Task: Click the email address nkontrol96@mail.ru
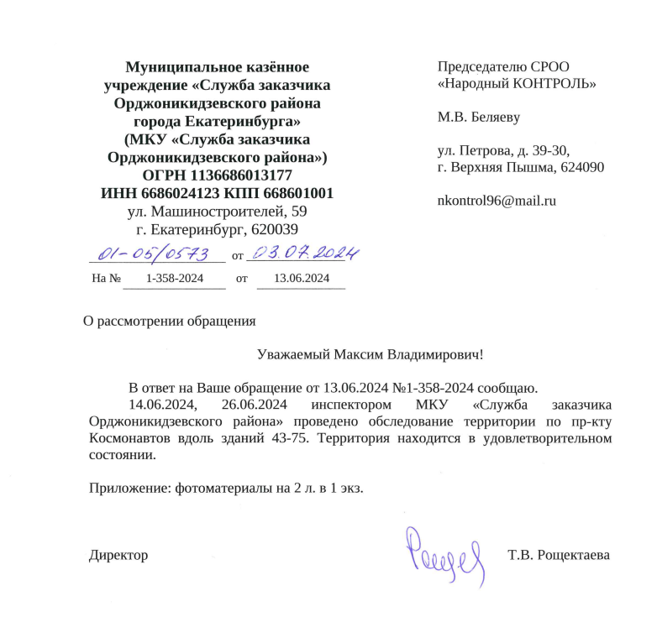497,201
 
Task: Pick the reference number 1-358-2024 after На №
175,279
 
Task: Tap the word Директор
118,555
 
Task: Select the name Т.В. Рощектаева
558,555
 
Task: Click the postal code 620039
269,228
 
